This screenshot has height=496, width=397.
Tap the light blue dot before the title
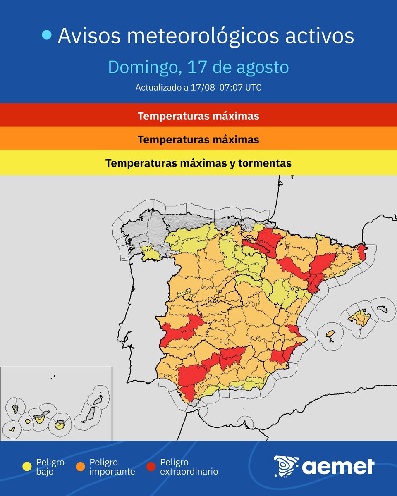pyautogui.click(x=47, y=36)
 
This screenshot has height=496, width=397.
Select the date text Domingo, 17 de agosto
pyautogui.click(x=198, y=67)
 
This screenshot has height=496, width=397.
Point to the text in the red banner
pyautogui.click(x=198, y=116)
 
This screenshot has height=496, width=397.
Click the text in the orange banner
pyautogui.click(x=198, y=140)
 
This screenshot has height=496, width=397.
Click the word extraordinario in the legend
pyautogui.click(x=189, y=471)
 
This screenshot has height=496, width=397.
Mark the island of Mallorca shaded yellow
pyautogui.click(x=358, y=318)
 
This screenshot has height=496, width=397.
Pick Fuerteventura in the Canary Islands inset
pyautogui.click(x=89, y=414)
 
